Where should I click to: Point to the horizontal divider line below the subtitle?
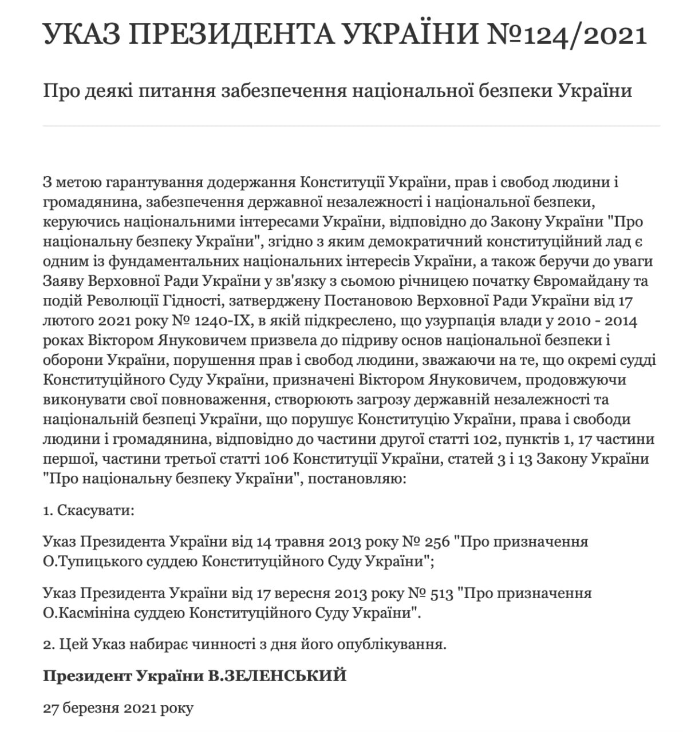tap(351, 126)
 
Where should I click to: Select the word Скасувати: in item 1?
tap(96, 510)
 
